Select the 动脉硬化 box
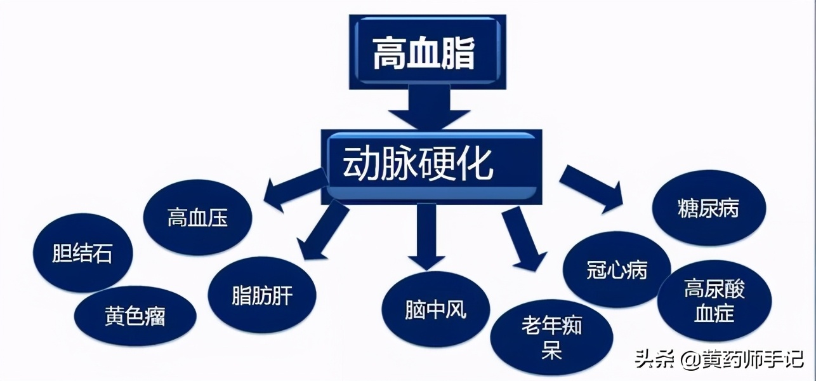pos(431,166)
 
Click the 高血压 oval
pos(198,218)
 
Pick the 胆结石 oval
pos(82,253)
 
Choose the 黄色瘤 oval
pos(135,316)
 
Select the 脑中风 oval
pos(435,309)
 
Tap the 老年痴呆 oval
pos(551,337)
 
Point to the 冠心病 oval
pos(609,270)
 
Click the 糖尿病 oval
pos(708,208)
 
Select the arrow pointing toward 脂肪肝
pos(324,232)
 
